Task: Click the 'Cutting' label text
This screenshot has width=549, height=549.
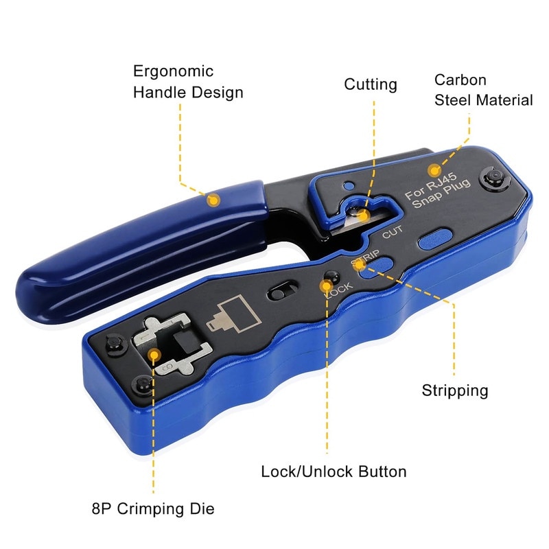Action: pyautogui.click(x=371, y=84)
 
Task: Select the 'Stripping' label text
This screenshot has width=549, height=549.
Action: pyautogui.click(x=454, y=390)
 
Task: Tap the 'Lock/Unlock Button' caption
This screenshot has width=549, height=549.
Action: pyautogui.click(x=334, y=471)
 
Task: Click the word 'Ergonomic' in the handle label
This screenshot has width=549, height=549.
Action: pyautogui.click(x=173, y=71)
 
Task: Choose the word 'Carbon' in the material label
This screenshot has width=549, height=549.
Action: pyautogui.click(x=460, y=80)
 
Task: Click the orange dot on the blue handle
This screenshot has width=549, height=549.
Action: pyautogui.click(x=213, y=200)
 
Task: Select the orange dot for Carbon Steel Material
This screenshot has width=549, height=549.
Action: pyautogui.click(x=434, y=170)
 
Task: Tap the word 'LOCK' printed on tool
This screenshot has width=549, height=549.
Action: pyautogui.click(x=339, y=289)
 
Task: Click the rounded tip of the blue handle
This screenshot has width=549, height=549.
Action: pyautogui.click(x=34, y=288)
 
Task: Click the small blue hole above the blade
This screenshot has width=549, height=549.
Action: pyautogui.click(x=350, y=185)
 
